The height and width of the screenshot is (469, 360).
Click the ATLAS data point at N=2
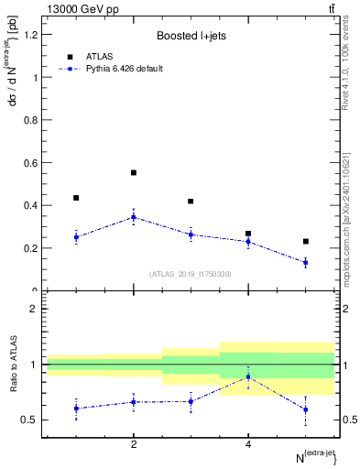point(134,172)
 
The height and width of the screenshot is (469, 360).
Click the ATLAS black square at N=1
point(76,198)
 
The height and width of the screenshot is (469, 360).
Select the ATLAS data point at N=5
point(306,242)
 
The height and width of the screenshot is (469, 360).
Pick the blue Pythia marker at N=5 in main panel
point(306,263)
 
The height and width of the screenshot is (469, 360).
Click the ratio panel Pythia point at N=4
point(248,376)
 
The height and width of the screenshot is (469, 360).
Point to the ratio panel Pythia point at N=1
point(76,409)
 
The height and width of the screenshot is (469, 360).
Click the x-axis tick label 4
point(248,444)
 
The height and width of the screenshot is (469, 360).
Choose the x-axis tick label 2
point(134,444)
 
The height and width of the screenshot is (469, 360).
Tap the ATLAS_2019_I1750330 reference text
point(190,274)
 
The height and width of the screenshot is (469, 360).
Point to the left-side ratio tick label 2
point(33,309)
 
